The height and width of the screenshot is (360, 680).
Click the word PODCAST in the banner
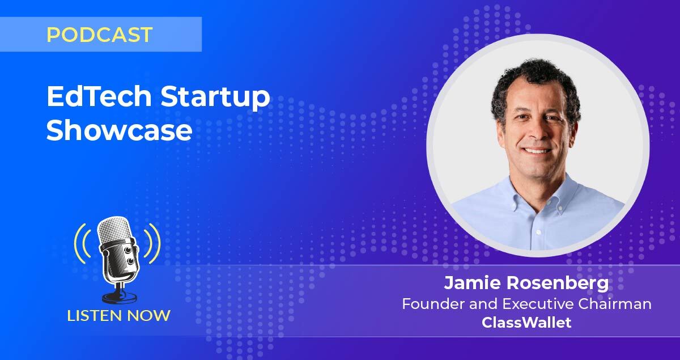tap(99, 35)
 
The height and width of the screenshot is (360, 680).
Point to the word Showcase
tap(119, 130)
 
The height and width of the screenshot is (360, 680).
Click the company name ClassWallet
tap(526, 323)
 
